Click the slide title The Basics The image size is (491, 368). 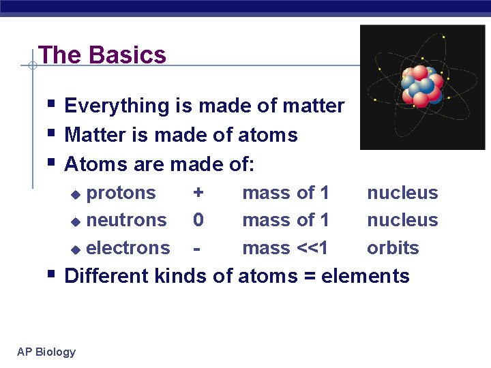[102, 55]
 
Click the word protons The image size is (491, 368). [121, 193]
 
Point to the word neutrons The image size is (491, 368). [127, 220]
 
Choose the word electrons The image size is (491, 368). [128, 248]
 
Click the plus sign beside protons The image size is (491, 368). [198, 193]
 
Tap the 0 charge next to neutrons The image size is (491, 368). [198, 220]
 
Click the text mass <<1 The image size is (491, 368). [285, 248]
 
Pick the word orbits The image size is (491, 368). [393, 248]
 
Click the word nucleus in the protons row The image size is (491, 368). [402, 193]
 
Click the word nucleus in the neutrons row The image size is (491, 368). [402, 220]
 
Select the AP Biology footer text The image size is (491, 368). [46, 352]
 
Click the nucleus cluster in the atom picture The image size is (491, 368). [422, 87]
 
